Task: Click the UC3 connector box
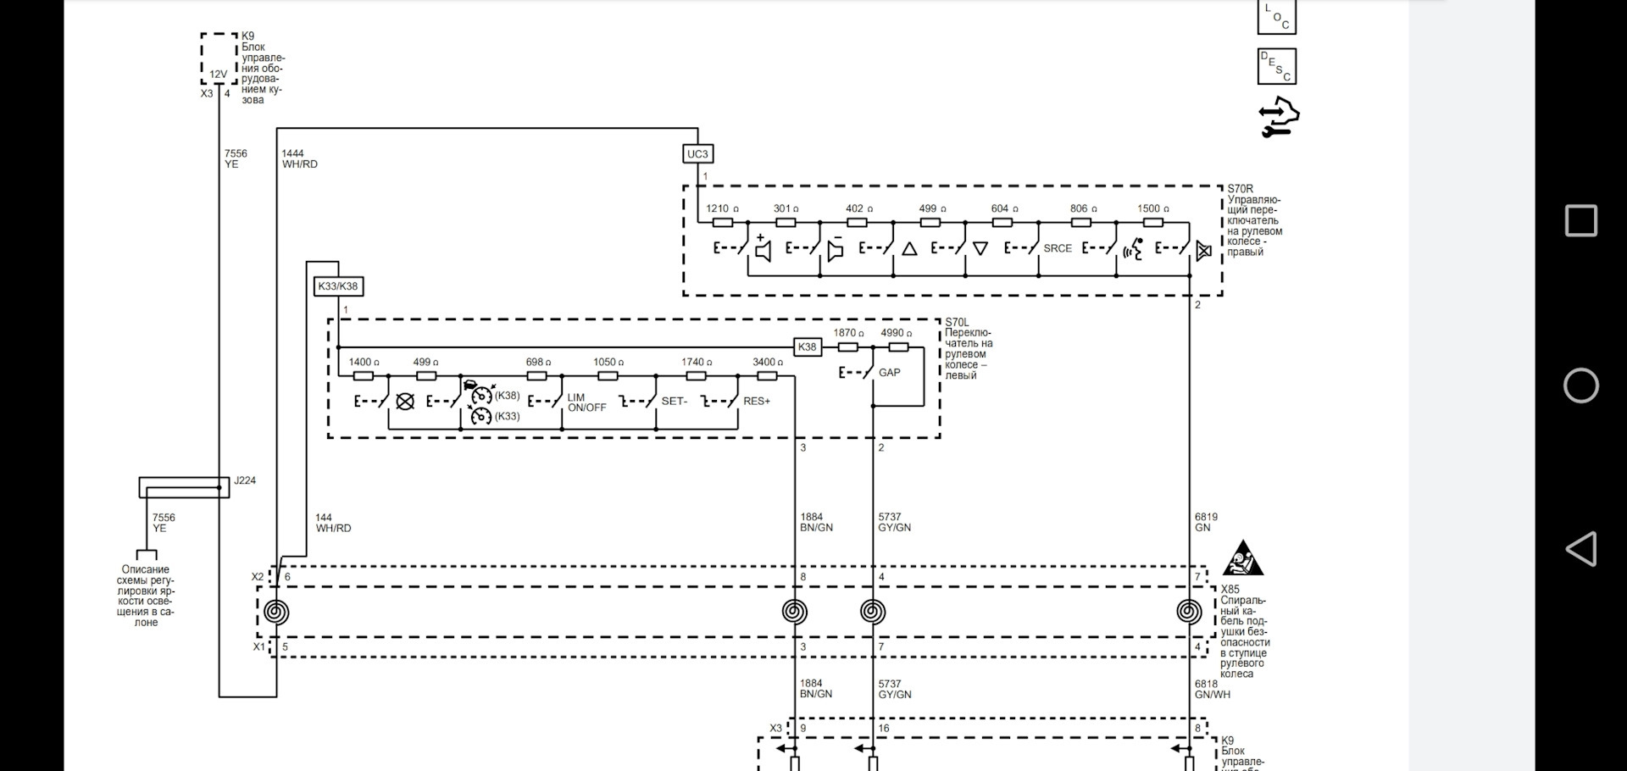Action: point(697,153)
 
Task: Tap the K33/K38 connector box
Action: point(338,286)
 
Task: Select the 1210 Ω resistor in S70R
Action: point(723,223)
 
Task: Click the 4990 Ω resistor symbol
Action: point(898,347)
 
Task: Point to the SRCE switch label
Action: point(1058,248)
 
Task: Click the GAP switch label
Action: point(890,373)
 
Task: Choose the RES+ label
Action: point(757,401)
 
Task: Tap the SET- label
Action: point(675,401)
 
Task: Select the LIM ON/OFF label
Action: point(587,402)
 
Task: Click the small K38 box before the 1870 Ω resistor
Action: point(808,347)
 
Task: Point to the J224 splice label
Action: point(245,480)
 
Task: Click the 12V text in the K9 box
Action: point(219,75)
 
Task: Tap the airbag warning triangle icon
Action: point(1243,558)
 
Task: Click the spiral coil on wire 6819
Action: point(1189,612)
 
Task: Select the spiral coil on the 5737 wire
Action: point(873,612)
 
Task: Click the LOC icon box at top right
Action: point(1277,16)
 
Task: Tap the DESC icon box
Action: point(1277,66)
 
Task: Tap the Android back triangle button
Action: point(1580,549)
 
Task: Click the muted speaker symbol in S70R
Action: point(1203,250)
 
